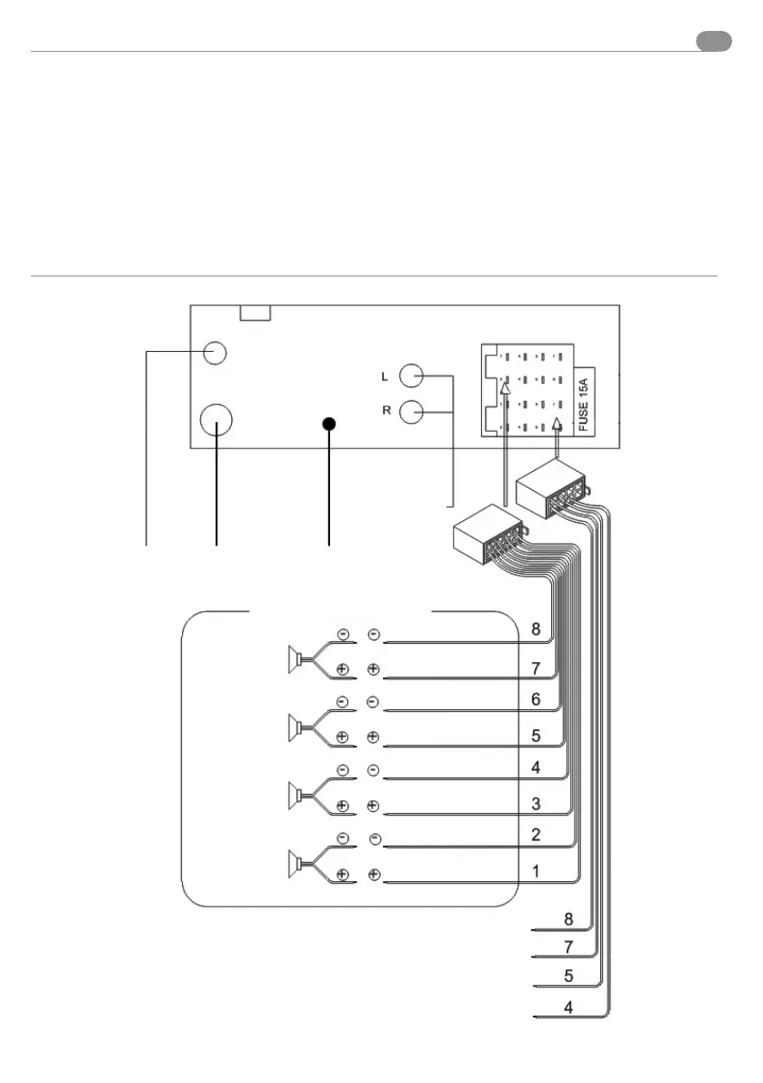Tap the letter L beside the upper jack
[x=386, y=376]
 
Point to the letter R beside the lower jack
[x=386, y=411]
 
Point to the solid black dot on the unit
[x=329, y=424]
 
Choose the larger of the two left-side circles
[x=216, y=419]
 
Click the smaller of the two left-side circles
[x=215, y=352]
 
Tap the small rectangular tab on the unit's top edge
[x=255, y=313]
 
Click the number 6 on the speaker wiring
[x=537, y=700]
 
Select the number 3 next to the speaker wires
[x=537, y=804]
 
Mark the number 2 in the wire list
[x=537, y=835]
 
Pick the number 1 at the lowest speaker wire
[x=537, y=871]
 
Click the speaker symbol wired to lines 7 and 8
[x=296, y=657]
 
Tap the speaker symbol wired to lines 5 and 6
[x=296, y=725]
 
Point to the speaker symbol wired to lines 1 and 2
[x=296, y=860]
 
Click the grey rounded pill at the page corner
[x=714, y=41]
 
